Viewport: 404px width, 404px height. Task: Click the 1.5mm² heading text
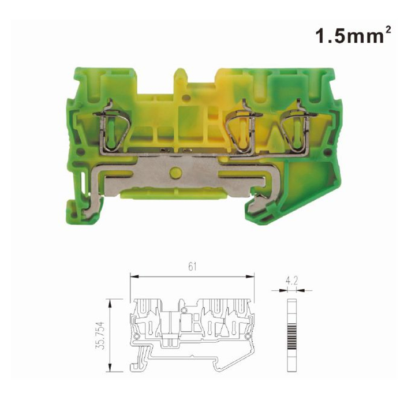tap(353, 35)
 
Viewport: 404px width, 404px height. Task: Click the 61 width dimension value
tap(192, 267)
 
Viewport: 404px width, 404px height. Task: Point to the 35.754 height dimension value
tap(101, 335)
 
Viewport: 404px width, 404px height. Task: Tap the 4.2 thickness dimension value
tap(291, 280)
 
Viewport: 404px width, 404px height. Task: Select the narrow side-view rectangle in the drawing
tap(292, 335)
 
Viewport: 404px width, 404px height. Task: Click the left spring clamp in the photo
tap(112, 129)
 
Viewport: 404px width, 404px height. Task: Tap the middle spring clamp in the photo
tap(244, 129)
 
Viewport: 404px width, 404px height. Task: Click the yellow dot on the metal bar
tap(175, 173)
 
